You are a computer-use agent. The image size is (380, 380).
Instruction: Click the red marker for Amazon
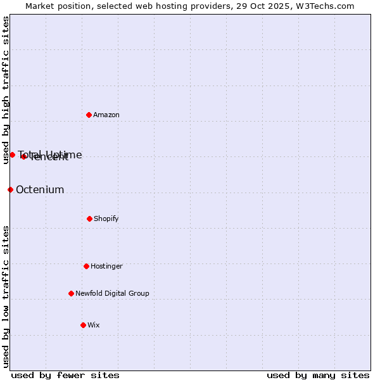click(x=89, y=115)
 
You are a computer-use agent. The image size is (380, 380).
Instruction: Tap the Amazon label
click(x=106, y=115)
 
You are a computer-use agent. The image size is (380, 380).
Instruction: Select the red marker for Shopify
click(x=89, y=218)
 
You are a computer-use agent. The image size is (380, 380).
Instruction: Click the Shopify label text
click(x=106, y=219)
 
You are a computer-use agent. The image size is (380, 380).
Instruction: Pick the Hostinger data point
click(x=86, y=266)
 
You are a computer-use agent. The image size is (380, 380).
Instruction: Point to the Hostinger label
click(x=106, y=267)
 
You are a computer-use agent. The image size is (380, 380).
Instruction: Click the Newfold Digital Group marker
click(x=71, y=293)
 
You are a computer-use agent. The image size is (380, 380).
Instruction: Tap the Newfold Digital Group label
click(x=112, y=294)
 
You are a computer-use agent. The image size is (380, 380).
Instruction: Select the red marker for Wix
click(x=83, y=325)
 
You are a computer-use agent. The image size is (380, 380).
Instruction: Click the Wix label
click(x=94, y=326)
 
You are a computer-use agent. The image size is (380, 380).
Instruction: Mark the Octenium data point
click(x=10, y=189)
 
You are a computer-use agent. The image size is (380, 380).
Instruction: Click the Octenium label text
click(x=40, y=190)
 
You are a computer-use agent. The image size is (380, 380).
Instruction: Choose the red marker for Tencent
click(x=23, y=156)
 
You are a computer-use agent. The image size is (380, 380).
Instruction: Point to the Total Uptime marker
click(x=12, y=155)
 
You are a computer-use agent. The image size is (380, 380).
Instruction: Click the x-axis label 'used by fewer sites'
click(x=65, y=375)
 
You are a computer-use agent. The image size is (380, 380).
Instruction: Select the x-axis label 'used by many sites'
click(x=318, y=375)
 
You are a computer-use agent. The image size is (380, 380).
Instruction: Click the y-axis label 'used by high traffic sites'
click(x=6, y=90)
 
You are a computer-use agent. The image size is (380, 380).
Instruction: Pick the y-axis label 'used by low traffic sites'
click(x=6, y=296)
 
